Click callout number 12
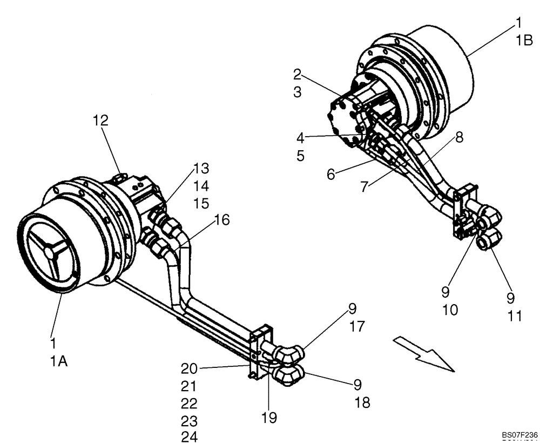[100, 120]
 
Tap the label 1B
[524, 41]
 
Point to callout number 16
[221, 220]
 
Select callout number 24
[189, 437]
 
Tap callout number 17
[357, 326]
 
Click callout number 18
[362, 402]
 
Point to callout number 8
[458, 137]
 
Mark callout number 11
[515, 316]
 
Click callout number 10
[450, 310]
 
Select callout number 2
[298, 74]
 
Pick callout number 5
[300, 156]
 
